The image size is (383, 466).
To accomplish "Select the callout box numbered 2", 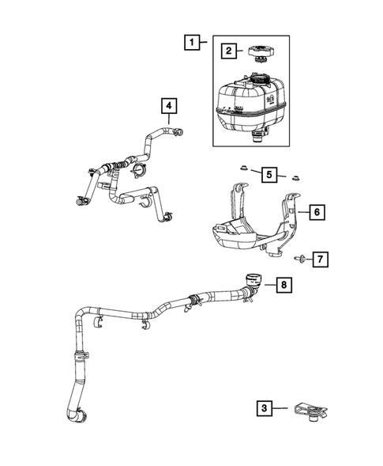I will pos(228,51).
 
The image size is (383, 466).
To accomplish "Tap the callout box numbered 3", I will pos(265,408).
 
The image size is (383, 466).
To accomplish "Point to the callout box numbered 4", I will pos(169,104).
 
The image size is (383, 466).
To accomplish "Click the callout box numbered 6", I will pos(314,212).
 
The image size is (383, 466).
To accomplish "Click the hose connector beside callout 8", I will pos(252,278).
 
